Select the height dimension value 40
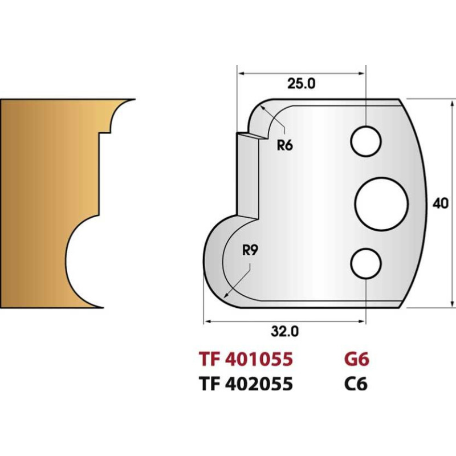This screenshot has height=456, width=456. click(438, 203)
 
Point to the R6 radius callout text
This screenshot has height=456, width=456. click(284, 145)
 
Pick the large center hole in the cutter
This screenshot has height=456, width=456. click(381, 203)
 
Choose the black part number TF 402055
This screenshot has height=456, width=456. click(246, 384)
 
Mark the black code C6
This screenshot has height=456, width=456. click(355, 384)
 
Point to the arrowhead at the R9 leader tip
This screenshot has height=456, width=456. click(227, 296)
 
